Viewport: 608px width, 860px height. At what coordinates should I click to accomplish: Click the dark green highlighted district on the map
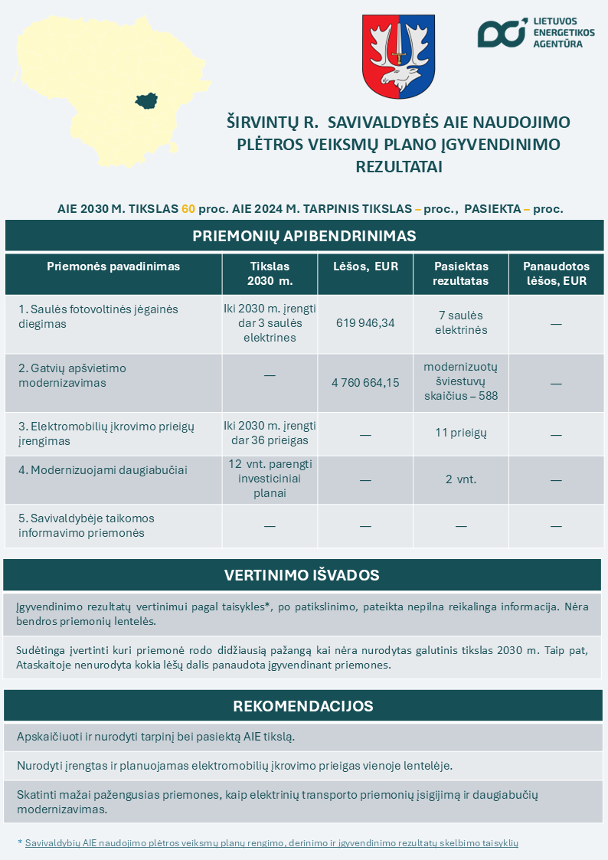click(x=146, y=100)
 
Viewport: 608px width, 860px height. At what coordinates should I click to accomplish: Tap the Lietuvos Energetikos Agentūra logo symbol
click(x=502, y=32)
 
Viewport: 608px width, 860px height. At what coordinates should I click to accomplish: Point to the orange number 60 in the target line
click(x=188, y=209)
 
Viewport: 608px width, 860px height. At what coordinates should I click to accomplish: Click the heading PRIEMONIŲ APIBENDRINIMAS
click(x=304, y=236)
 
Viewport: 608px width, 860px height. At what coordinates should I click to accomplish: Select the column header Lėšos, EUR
click(x=365, y=267)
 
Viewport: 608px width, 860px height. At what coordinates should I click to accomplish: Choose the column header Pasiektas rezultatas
click(x=461, y=273)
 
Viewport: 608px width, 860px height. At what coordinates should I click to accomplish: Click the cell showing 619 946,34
click(x=365, y=323)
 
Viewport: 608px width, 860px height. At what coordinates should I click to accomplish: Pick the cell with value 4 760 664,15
click(x=365, y=382)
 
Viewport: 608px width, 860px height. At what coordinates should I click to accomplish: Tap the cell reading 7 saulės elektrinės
click(x=461, y=323)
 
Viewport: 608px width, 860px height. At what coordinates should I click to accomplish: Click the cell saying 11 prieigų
click(x=461, y=433)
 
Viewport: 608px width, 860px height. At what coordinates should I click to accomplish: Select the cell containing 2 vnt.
click(x=461, y=479)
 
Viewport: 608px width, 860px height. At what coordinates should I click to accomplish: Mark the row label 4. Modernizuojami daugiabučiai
click(x=103, y=470)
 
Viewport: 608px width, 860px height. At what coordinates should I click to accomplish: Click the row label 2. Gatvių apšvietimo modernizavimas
click(x=73, y=375)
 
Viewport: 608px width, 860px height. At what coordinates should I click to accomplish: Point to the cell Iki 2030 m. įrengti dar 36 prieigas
click(x=270, y=433)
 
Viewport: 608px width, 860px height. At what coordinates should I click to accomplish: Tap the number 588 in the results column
click(x=487, y=396)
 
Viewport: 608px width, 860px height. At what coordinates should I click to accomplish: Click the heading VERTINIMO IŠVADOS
click(x=302, y=575)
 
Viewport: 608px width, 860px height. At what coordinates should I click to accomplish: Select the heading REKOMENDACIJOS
click(x=302, y=705)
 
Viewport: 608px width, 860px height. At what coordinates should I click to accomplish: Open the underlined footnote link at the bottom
click(x=272, y=843)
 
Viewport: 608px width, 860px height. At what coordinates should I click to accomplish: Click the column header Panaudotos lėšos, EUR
click(x=556, y=273)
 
